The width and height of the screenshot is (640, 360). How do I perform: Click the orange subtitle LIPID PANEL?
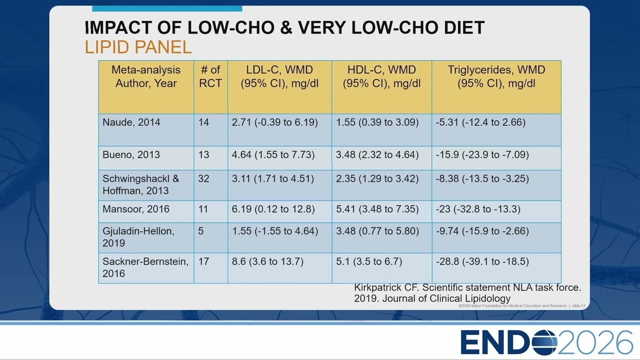pyautogui.click(x=138, y=47)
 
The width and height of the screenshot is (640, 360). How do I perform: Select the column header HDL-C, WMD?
pyautogui.click(x=381, y=69)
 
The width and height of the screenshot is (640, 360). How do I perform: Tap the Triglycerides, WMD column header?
pyautogui.click(x=496, y=69)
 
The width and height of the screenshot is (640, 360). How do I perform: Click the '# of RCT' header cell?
pyautogui.click(x=210, y=76)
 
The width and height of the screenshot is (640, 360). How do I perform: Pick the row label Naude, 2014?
pyautogui.click(x=131, y=122)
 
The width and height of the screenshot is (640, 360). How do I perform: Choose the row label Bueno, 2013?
pyautogui.click(x=131, y=154)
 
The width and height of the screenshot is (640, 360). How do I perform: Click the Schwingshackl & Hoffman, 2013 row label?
pyautogui.click(x=141, y=184)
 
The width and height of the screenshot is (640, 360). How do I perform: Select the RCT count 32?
pyautogui.click(x=203, y=178)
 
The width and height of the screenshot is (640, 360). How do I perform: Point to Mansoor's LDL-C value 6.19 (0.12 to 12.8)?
pyautogui.click(x=273, y=209)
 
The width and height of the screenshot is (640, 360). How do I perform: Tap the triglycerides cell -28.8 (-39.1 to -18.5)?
pyautogui.click(x=482, y=261)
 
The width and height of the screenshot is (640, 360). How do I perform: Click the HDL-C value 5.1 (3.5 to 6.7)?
pyautogui.click(x=369, y=261)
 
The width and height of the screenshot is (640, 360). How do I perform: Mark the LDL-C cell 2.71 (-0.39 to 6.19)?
pyautogui.click(x=274, y=122)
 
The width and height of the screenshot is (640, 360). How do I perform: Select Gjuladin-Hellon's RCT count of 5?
pyautogui.click(x=201, y=231)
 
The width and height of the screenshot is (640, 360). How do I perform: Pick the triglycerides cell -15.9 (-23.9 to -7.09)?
pyautogui.click(x=482, y=154)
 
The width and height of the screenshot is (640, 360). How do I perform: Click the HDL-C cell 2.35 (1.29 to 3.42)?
pyautogui.click(x=377, y=178)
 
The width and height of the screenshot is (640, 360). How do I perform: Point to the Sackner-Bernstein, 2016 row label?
pyautogui.click(x=145, y=267)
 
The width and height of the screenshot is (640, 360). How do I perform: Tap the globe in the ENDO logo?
pyautogui.click(x=545, y=342)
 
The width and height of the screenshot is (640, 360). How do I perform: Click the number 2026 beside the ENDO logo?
pyautogui.click(x=595, y=342)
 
